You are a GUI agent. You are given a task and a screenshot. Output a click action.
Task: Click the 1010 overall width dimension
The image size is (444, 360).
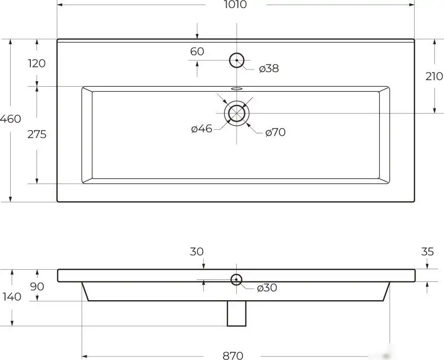pos(235,4)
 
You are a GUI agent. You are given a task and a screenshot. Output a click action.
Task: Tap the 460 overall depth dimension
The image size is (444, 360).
pos(11,119)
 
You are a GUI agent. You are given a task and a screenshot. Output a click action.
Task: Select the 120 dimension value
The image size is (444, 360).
pos(37,63)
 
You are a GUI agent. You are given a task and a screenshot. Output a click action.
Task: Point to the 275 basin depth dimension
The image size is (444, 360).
pos(37,134)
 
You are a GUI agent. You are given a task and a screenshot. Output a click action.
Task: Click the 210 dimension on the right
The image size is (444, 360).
pos(434,76)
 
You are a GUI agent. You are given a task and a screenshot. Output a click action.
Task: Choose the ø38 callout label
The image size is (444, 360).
pos(269,68)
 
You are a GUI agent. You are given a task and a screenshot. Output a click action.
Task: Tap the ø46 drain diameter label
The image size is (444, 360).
pos(202,129)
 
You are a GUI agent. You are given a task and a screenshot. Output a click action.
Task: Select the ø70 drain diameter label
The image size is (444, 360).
pos(276,132)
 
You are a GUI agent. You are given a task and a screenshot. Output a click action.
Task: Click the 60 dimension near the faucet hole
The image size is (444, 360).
pos(197,52)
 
